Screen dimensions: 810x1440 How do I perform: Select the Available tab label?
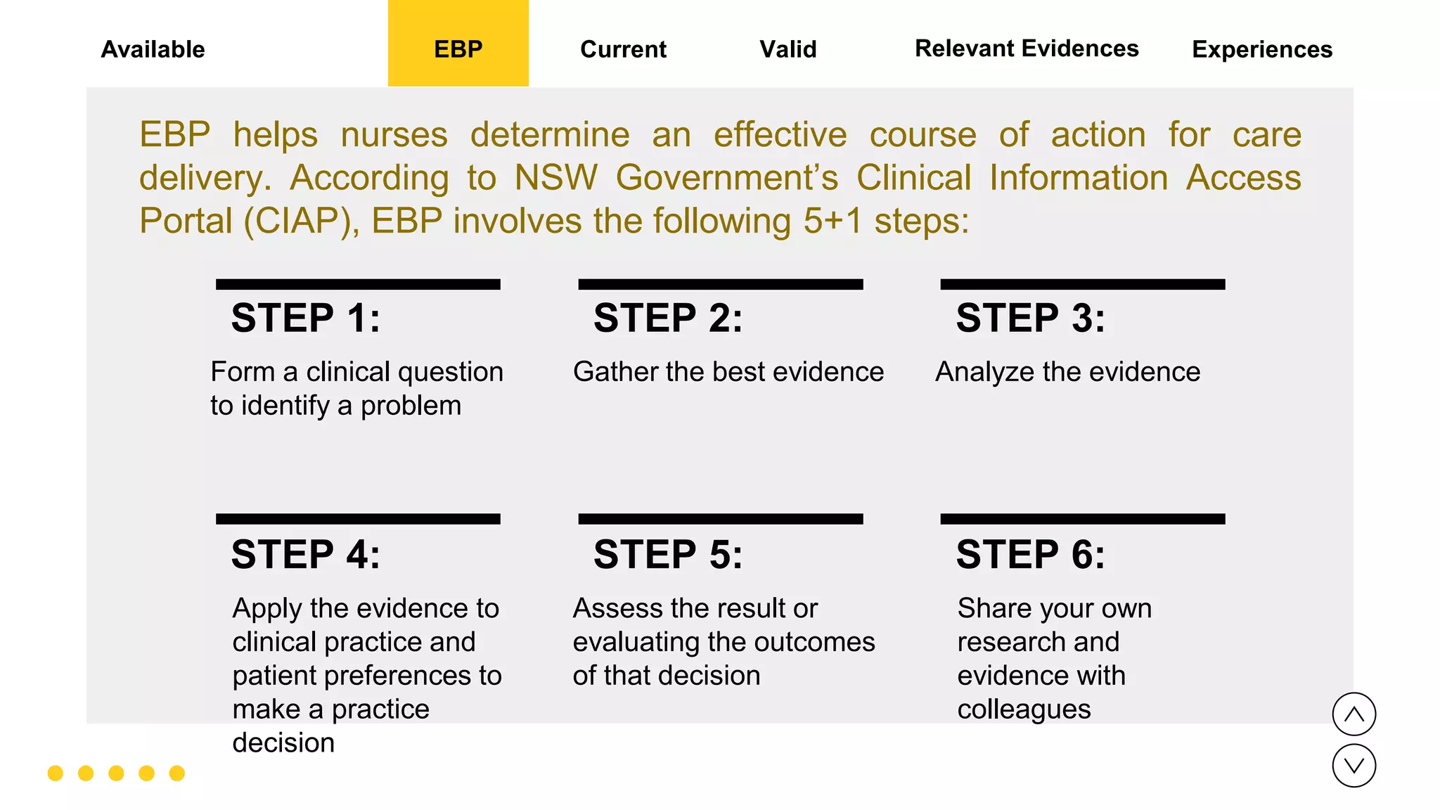153,49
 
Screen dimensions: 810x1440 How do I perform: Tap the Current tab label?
623,49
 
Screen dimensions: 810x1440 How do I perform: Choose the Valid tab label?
787,49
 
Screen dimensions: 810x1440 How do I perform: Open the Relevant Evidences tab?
1026,49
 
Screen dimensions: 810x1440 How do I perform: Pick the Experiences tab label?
1262,49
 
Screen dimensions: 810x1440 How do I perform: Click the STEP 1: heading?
306,318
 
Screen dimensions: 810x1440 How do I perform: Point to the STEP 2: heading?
668,318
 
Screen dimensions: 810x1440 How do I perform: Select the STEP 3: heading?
1030,318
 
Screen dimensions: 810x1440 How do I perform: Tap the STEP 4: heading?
306,554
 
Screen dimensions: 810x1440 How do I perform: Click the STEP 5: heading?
668,554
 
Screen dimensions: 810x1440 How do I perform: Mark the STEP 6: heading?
1030,554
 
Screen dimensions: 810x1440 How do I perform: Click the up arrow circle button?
1354,714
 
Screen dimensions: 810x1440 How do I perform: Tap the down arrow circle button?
1354,766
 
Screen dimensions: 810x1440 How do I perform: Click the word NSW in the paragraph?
555,178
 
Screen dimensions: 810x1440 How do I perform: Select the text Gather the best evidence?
728,371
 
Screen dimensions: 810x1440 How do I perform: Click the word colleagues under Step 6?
1024,709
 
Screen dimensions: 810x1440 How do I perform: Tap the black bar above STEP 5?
720,519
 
